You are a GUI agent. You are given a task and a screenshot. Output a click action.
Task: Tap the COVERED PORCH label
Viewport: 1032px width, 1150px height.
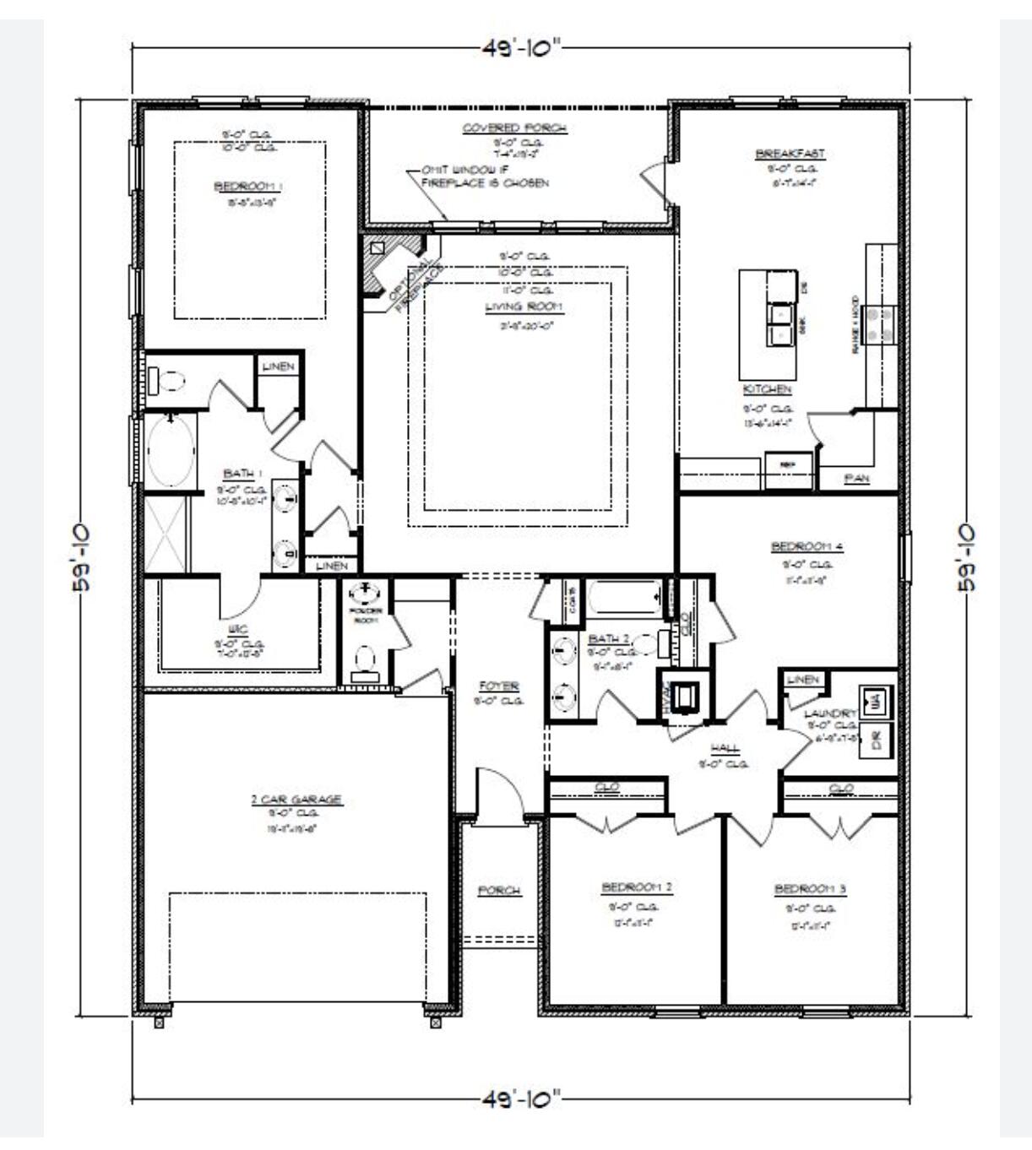514,128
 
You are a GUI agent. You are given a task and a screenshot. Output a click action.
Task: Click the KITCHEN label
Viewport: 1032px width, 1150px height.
767,389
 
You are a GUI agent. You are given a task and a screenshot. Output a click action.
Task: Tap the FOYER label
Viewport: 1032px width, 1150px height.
498,686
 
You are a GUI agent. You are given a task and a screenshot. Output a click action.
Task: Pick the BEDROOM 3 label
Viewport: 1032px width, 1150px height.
810,888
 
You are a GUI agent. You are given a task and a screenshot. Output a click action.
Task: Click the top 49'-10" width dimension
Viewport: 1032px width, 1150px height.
521,47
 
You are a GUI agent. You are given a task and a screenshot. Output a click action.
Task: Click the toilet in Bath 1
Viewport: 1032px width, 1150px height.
166,382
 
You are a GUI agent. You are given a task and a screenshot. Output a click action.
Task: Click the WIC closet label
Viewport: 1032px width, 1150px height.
237,629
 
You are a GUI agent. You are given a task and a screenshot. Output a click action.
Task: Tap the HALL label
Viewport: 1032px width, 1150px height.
725,748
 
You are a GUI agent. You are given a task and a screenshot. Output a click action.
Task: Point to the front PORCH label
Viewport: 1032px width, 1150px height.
499,890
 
